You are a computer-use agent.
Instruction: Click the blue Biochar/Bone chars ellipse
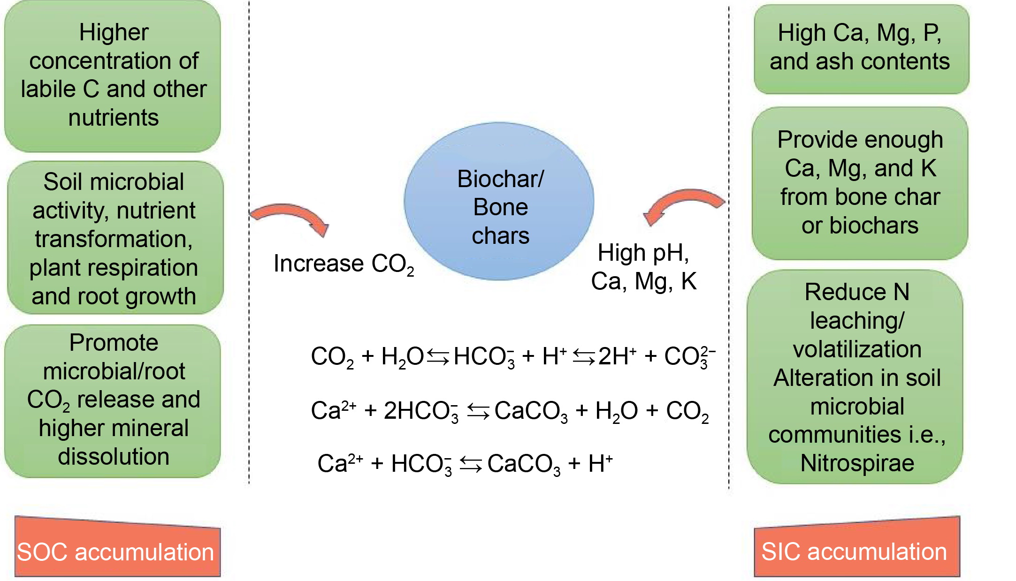pos(499,202)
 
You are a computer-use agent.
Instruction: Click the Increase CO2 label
pos(343,264)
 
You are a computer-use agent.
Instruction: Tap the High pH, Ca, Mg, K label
pos(643,267)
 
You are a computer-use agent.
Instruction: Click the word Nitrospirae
pos(857,463)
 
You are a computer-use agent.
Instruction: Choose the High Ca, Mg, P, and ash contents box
pos(861,49)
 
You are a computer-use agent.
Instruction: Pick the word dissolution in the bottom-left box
pos(114,457)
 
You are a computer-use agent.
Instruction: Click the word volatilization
pos(857,349)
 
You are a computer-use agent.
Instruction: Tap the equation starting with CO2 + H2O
pos(512,356)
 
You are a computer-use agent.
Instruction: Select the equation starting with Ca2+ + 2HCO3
pos(510,411)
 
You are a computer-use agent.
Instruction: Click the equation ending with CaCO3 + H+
pos(465,464)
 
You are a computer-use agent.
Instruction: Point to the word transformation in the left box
pos(114,239)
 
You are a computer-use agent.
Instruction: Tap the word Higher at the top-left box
pos(114,33)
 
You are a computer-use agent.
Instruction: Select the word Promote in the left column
pos(114,342)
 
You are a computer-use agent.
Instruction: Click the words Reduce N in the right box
pos(857,292)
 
